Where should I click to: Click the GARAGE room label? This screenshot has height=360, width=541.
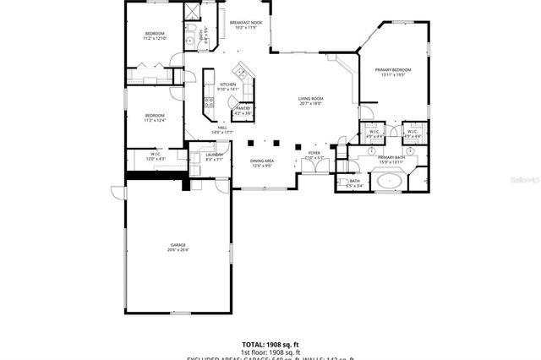coord(178,245)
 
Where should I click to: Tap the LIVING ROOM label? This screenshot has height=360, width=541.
coord(311,100)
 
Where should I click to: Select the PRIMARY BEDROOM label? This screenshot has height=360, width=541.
coord(393,69)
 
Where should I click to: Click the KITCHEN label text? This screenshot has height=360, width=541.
coord(228,85)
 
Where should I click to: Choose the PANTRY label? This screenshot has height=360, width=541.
coord(243,108)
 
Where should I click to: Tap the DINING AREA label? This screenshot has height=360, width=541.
coord(262,161)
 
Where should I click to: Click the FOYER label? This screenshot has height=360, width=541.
coord(314,153)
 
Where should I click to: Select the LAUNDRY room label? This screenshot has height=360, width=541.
coord(214,155)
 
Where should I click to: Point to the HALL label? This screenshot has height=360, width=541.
coord(221,128)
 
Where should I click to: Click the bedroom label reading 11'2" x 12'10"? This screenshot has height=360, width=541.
coord(156,35)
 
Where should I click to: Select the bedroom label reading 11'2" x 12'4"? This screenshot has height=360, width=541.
coord(154,116)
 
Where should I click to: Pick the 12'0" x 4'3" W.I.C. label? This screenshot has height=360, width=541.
coord(156,154)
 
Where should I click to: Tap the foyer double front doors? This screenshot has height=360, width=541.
coord(314,166)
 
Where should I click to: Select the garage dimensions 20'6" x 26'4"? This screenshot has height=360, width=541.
coord(178,250)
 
